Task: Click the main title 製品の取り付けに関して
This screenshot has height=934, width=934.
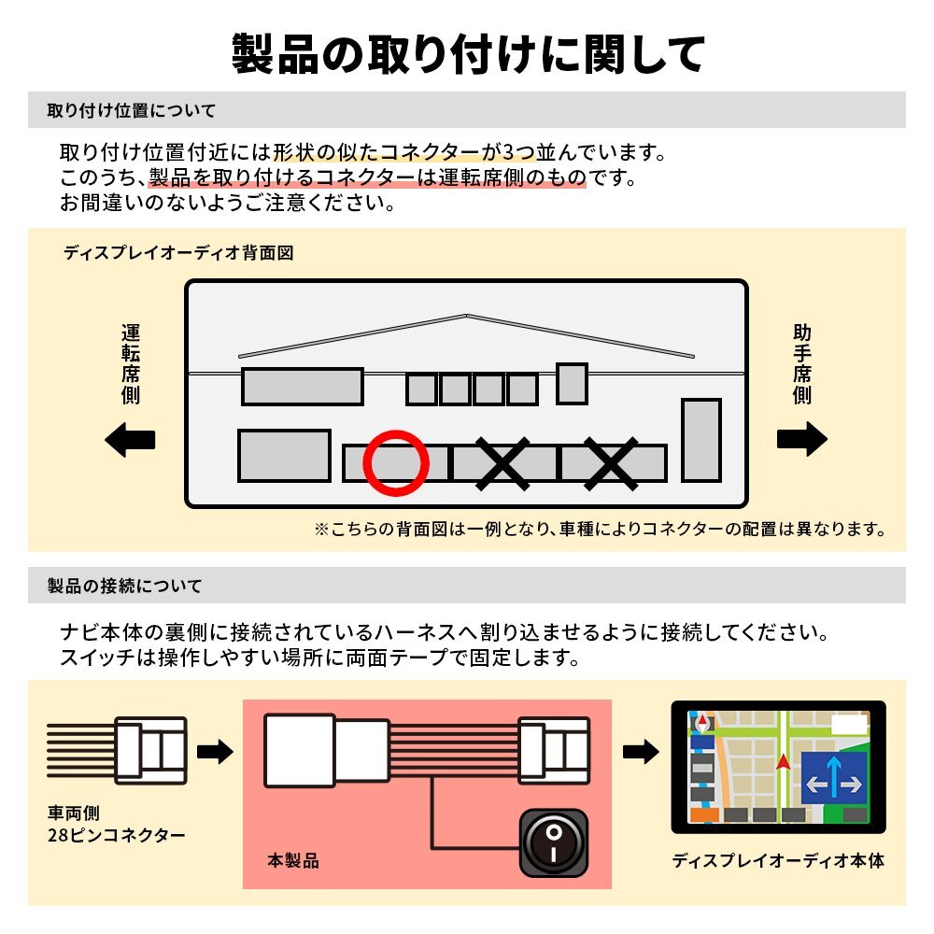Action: point(467,54)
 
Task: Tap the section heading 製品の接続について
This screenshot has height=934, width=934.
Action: point(124,587)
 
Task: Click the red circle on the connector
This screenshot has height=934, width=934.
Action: point(396,463)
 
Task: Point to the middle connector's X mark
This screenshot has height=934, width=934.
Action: point(503,463)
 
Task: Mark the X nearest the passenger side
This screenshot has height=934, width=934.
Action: point(612,463)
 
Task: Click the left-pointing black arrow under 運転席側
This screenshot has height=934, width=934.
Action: point(130,440)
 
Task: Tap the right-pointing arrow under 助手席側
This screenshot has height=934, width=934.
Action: point(801,440)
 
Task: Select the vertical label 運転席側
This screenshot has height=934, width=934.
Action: point(130,364)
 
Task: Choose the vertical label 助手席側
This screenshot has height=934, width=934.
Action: point(801,364)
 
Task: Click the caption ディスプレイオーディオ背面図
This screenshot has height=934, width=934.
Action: point(178,253)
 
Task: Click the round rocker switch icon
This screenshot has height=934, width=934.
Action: point(554,843)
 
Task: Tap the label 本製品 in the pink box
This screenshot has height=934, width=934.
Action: point(293,861)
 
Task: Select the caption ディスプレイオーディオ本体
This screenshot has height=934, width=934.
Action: point(777,861)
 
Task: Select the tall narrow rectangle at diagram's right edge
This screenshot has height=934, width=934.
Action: point(700,440)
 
